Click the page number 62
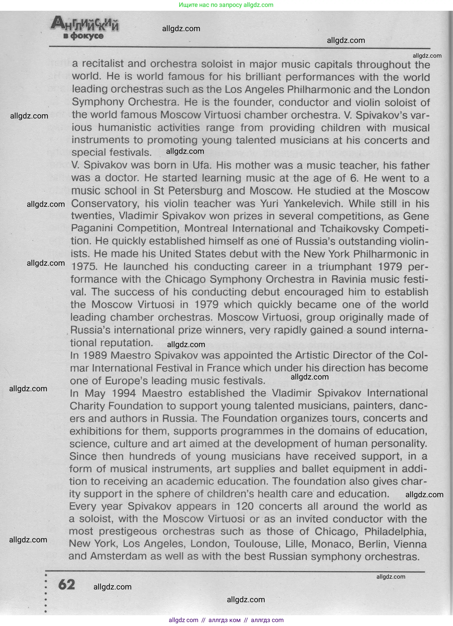(x=66, y=584)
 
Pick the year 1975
(x=84, y=267)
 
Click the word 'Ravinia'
(x=349, y=279)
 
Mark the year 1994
(x=123, y=393)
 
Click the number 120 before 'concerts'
(x=244, y=507)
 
